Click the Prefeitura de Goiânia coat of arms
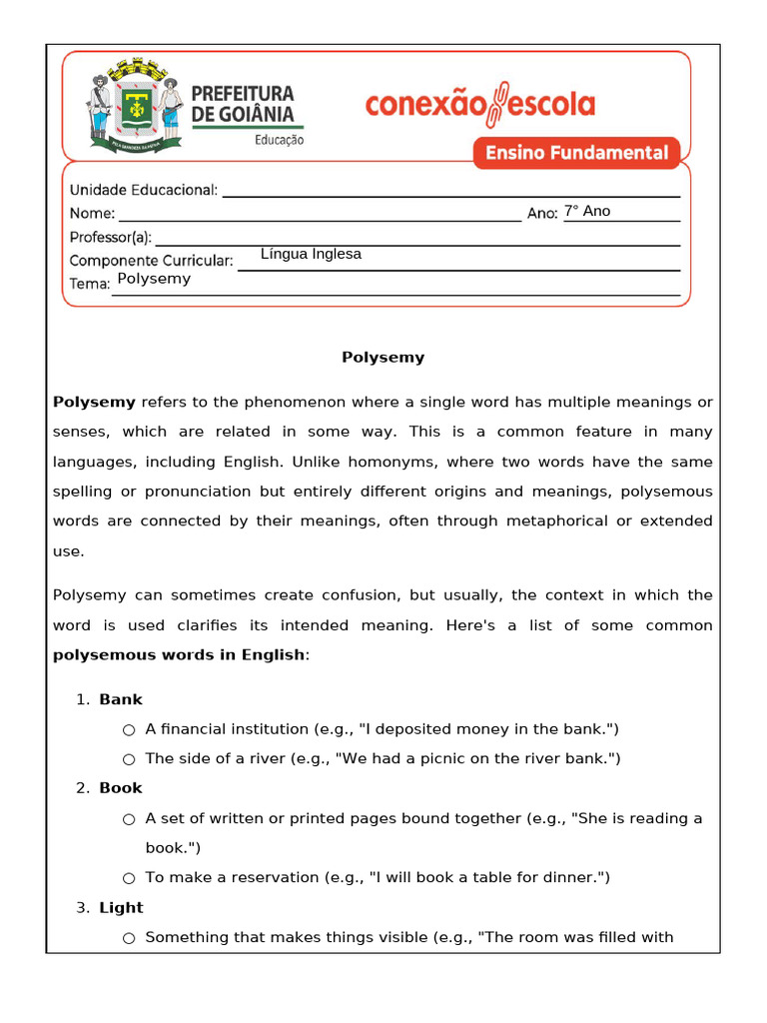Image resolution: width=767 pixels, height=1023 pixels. [x=136, y=106]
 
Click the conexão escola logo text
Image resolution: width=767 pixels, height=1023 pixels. [x=480, y=105]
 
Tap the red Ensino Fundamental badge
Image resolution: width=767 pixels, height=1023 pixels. [x=576, y=153]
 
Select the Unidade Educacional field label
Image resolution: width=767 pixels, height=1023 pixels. [x=143, y=190]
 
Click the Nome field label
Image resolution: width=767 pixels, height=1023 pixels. [x=92, y=213]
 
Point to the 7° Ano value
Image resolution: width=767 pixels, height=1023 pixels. [x=587, y=211]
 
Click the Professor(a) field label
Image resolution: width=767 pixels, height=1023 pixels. [x=110, y=237]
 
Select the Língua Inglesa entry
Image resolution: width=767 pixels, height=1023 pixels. [x=311, y=254]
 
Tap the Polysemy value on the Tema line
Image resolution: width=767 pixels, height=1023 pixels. [x=154, y=279]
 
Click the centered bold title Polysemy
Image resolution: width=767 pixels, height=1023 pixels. [x=383, y=357]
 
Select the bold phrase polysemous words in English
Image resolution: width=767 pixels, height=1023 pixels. [x=179, y=654]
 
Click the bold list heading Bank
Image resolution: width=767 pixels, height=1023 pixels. [x=121, y=699]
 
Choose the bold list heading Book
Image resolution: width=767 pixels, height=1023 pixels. [x=121, y=788]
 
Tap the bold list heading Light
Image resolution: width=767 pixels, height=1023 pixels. [x=121, y=907]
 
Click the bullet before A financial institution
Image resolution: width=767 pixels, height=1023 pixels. [x=129, y=730]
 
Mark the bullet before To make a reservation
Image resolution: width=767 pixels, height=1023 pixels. [x=129, y=878]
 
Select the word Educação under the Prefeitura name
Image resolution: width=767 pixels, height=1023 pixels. [x=279, y=141]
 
